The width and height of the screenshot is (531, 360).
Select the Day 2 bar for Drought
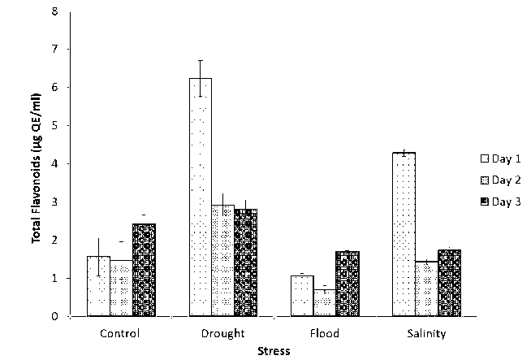(223, 260)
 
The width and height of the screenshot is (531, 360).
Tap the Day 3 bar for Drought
(245, 262)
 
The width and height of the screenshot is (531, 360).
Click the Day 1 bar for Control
(99, 285)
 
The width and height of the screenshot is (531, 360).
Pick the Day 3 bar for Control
(144, 269)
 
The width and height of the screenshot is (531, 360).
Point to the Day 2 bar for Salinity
(427, 288)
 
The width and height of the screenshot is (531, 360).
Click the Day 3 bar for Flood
(348, 284)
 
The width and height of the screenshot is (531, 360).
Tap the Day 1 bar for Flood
(302, 296)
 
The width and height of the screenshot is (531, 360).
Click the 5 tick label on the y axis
(54, 126)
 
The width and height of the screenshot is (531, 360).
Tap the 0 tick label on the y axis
(54, 316)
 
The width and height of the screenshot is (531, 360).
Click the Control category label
(121, 333)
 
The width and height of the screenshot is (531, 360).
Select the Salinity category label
(426, 333)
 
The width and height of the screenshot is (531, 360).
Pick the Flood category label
(325, 333)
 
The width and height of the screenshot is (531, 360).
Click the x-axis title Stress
(274, 351)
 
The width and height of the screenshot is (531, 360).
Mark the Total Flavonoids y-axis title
(37, 164)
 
